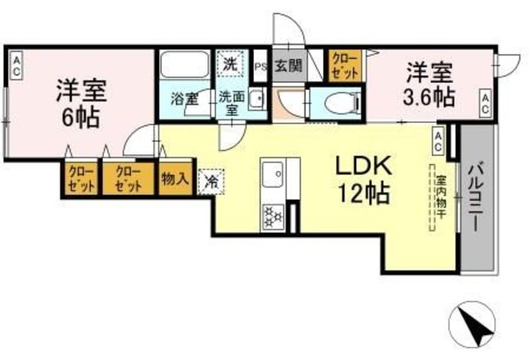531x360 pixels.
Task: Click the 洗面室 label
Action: (231, 100)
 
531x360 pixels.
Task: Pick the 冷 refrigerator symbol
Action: (211, 180)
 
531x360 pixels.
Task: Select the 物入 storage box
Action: (176, 178)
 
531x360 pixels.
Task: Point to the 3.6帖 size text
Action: (430, 96)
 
